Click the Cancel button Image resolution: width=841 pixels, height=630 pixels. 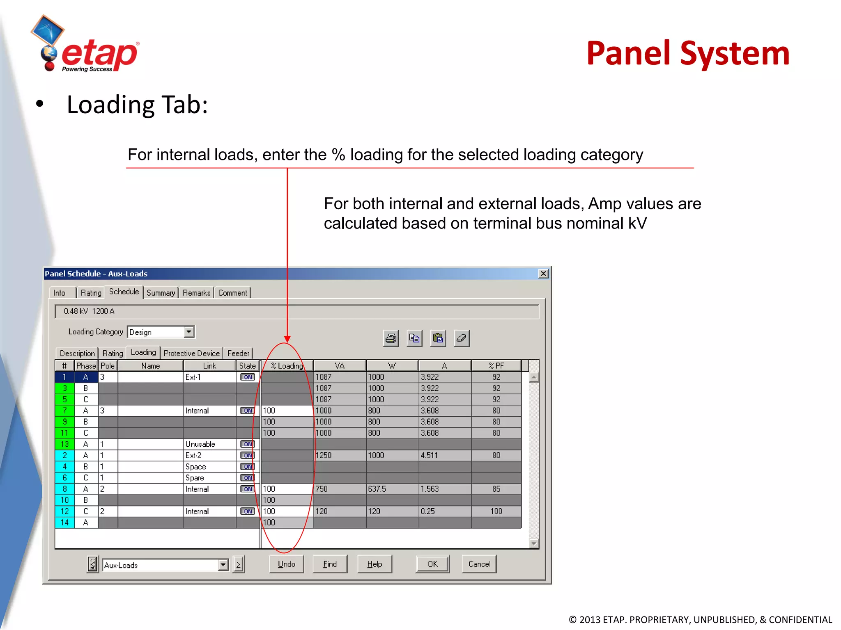pos(479,564)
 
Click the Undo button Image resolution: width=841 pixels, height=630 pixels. pos(286,564)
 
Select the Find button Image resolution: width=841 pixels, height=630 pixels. pos(330,564)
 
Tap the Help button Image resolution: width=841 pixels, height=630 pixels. pos(375,564)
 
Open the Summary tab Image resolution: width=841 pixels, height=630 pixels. pos(161,293)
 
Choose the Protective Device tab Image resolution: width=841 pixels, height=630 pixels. pos(191,353)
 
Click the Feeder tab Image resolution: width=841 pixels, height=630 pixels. pos(238,353)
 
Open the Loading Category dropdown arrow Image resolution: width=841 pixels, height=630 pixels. pos(189,331)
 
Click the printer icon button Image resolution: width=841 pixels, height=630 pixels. pos(391,338)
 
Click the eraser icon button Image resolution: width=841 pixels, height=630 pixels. pos(462,338)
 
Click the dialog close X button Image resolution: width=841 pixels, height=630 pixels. pos(543,274)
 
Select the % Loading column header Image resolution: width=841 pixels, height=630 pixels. pos(287,365)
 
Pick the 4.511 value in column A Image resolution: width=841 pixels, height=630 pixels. pos(429,455)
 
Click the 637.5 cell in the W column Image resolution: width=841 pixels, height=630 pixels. pos(377,489)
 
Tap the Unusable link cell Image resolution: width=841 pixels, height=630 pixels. pos(200,444)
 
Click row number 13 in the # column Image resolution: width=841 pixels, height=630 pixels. pos(64,444)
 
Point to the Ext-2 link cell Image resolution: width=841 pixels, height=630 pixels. pos(193,455)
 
